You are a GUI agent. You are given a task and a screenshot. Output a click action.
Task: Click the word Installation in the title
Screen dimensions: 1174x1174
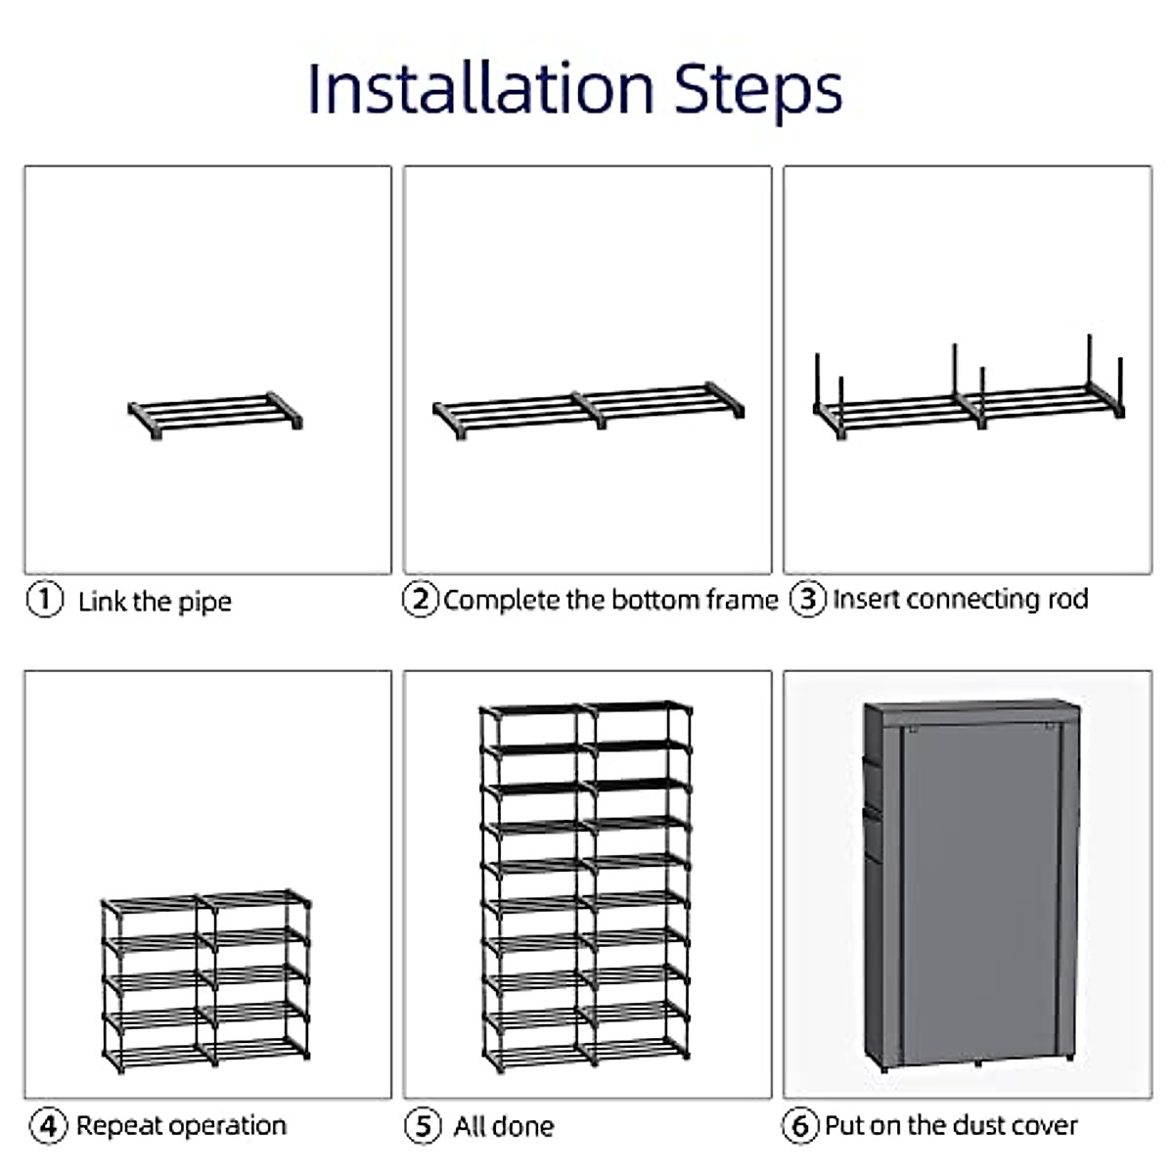coord(481,89)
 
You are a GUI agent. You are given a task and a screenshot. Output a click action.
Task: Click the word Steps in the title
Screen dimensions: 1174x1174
coord(758,93)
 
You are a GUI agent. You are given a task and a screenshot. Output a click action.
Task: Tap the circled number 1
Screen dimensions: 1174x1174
coord(45,600)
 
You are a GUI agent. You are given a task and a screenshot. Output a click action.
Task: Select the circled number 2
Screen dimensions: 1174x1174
coord(421,600)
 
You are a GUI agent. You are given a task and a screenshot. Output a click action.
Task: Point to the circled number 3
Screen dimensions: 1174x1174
coord(808,599)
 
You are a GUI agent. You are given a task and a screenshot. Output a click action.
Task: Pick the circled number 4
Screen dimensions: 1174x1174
coord(48,1126)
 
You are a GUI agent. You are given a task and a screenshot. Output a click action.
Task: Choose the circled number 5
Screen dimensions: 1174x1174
coord(423,1126)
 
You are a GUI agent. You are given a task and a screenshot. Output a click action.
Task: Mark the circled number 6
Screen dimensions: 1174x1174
coord(800,1126)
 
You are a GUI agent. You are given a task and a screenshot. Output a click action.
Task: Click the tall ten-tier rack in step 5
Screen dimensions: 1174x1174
coord(585,887)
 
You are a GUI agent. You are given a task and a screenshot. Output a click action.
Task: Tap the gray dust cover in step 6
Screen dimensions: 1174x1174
coord(971,884)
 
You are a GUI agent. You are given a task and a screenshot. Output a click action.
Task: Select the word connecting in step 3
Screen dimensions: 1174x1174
coord(978,600)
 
